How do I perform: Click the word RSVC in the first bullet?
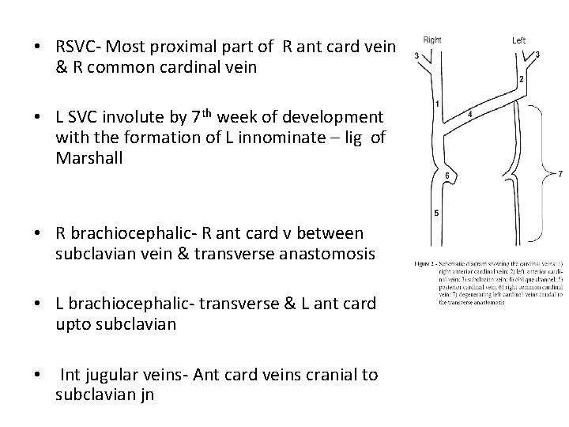pyautogui.click(x=77, y=48)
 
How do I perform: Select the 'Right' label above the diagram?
pyautogui.click(x=432, y=40)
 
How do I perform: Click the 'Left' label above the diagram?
pyautogui.click(x=518, y=40)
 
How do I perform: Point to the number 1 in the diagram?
pyautogui.click(x=437, y=104)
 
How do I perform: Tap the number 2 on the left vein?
pyautogui.click(x=522, y=80)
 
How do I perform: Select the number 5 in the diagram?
pyautogui.click(x=437, y=212)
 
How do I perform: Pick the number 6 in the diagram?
pyautogui.click(x=447, y=175)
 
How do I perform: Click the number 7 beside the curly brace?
pyautogui.click(x=560, y=173)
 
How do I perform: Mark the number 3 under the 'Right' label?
pyautogui.click(x=416, y=55)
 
